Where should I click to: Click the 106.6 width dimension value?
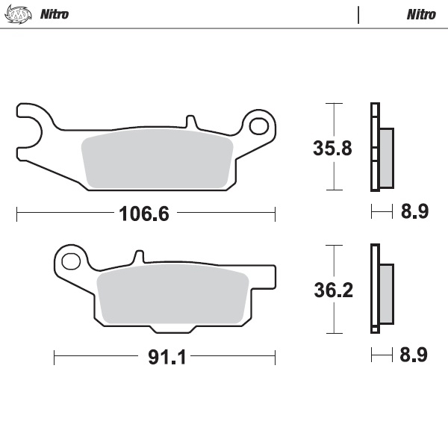coord(144,214)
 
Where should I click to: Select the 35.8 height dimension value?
coord(332,148)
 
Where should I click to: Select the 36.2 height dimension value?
coord(332,290)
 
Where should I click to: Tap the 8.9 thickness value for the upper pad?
coord(414,212)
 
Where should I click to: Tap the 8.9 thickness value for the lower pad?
coord(414,355)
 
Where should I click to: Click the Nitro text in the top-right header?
coord(421,13)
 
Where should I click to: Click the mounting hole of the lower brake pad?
coord(72,261)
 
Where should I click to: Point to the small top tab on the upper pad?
coord(190,121)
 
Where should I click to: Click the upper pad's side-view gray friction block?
coord(386,157)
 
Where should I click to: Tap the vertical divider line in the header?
coord(359,14)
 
